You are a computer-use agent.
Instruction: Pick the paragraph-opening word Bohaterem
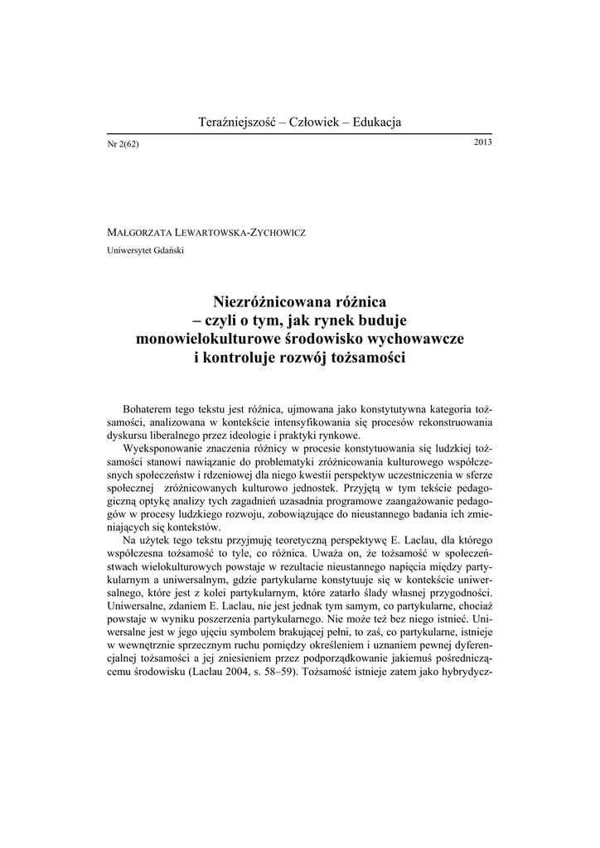pyautogui.click(x=150, y=409)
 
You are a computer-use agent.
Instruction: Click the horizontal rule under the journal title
pyautogui.click(x=300, y=134)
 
